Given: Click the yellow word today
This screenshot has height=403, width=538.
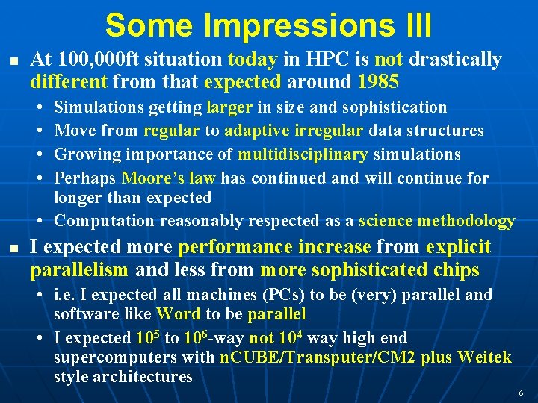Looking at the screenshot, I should pos(253,60).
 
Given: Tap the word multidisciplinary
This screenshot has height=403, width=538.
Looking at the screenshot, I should pos(303,154).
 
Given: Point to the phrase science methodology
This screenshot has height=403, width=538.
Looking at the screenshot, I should pos(436,221).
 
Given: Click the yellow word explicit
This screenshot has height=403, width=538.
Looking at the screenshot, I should pos(458,246).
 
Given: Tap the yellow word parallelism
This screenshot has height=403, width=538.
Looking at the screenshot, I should pos(79,269).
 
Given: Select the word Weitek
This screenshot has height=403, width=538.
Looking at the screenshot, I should pos(485,357).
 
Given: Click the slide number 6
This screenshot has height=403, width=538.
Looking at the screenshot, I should pos(520,393).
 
